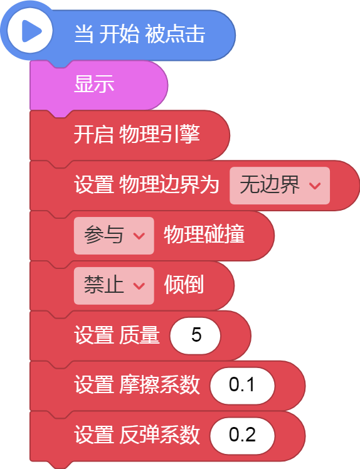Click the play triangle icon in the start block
[x=31, y=31]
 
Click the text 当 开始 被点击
[x=139, y=34]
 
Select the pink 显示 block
[x=98, y=85]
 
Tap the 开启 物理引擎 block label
[x=137, y=134]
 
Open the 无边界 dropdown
[x=280, y=186]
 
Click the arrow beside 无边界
[x=315, y=186]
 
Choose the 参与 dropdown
[x=114, y=236]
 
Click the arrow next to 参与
[x=139, y=236]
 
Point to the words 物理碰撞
[x=204, y=234]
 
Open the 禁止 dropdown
[x=114, y=286]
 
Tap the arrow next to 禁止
[x=139, y=286]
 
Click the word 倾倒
[x=184, y=285]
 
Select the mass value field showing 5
[x=195, y=335]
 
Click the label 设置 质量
[x=117, y=335]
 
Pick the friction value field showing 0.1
[x=242, y=386]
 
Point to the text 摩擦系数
[x=159, y=384]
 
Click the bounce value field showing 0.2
[x=242, y=436]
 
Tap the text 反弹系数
[x=159, y=435]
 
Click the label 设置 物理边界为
[x=147, y=184]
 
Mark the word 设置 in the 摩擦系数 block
[x=94, y=384]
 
